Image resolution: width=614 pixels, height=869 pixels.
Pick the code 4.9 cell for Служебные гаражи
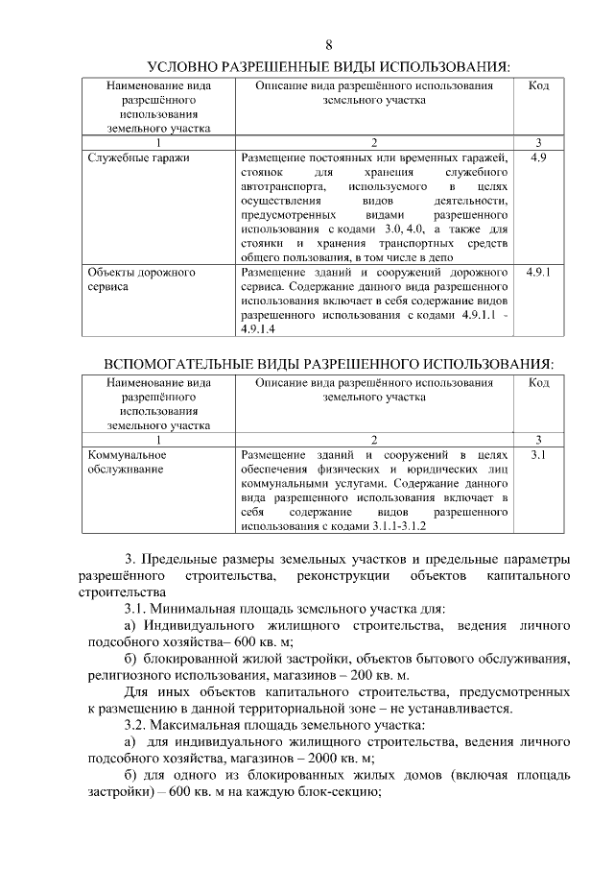click(x=538, y=157)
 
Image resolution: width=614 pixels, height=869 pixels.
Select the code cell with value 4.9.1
click(x=538, y=273)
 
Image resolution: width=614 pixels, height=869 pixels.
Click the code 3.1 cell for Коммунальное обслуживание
click(x=538, y=454)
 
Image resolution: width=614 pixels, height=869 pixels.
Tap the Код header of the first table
click(x=538, y=86)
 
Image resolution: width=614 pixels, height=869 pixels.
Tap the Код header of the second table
click(x=538, y=383)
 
